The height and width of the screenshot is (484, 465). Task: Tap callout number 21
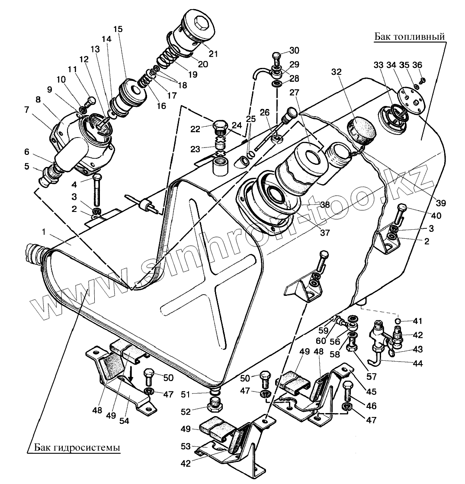[213, 54]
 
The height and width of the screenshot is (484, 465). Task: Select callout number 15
[118, 29]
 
